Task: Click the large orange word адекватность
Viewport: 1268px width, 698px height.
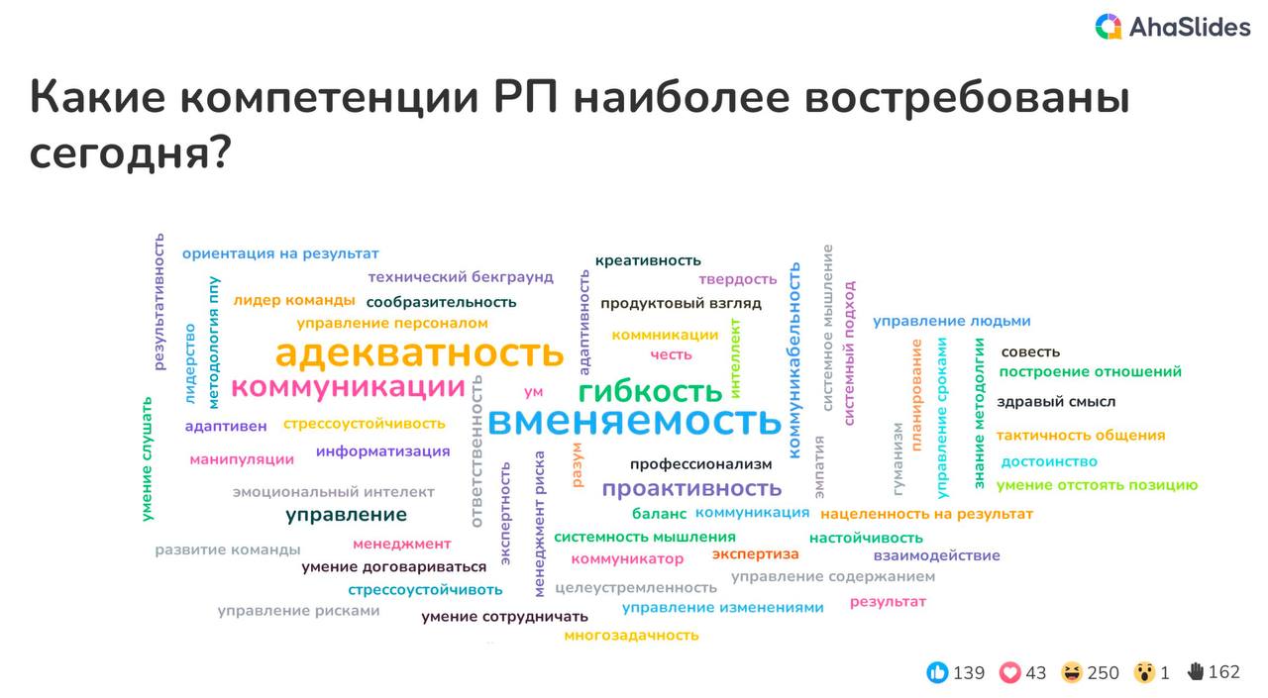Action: tap(419, 352)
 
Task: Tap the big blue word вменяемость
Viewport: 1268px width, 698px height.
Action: tap(635, 421)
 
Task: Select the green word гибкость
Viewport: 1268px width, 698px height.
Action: tap(651, 391)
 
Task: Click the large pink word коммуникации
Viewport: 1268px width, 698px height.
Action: tap(348, 387)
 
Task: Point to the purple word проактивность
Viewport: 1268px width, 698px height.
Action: tap(691, 488)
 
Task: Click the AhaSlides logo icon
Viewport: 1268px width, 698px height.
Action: tap(1109, 27)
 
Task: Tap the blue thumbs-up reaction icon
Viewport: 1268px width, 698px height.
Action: tap(937, 672)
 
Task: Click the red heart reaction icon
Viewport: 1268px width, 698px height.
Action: tap(1009, 672)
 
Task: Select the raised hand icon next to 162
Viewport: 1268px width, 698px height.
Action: tap(1196, 671)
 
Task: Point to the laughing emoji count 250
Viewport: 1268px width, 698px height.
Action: tap(1103, 672)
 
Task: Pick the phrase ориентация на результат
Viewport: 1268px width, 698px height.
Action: tap(280, 253)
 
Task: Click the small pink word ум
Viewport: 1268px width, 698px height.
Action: tap(533, 392)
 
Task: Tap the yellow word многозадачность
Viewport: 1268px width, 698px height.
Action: tap(631, 636)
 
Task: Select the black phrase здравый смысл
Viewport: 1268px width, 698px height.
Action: tap(1056, 402)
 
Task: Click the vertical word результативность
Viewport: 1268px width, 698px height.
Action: tap(159, 302)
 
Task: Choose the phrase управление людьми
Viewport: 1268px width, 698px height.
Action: tap(952, 322)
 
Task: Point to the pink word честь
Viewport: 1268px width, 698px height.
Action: tap(671, 354)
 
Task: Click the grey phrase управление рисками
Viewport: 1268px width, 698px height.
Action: tap(298, 611)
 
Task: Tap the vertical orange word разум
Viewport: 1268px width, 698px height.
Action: tap(577, 464)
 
